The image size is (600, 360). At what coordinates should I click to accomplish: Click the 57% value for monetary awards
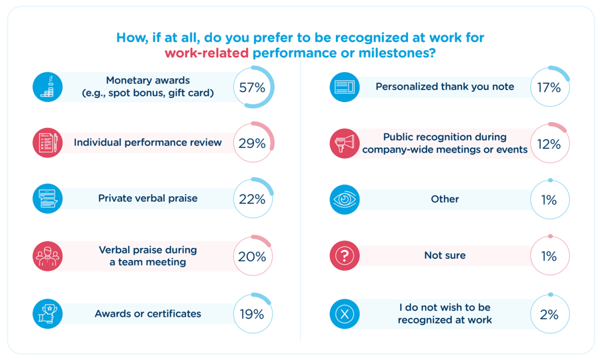253,87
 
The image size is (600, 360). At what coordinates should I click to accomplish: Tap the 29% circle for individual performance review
253,143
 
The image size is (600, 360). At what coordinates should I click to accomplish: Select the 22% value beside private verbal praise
253,199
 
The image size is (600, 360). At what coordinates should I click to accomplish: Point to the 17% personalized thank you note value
549,87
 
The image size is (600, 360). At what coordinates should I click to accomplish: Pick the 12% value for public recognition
549,143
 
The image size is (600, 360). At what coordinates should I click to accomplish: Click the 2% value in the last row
549,314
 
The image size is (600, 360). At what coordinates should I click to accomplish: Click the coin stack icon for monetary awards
47,87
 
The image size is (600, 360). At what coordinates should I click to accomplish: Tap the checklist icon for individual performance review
47,143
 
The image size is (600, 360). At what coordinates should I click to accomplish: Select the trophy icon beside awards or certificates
47,314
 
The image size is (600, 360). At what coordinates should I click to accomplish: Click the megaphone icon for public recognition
344,143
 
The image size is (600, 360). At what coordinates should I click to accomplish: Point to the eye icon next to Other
344,199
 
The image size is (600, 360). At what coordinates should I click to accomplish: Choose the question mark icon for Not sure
344,256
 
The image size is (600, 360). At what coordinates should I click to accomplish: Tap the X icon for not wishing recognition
344,314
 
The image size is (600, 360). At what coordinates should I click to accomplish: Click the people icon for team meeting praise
47,256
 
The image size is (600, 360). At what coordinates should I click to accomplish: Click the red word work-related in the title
207,53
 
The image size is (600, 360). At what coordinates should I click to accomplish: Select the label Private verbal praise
147,199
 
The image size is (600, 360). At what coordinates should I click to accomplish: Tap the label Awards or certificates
147,314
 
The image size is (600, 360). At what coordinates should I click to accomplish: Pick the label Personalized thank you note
445,87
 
